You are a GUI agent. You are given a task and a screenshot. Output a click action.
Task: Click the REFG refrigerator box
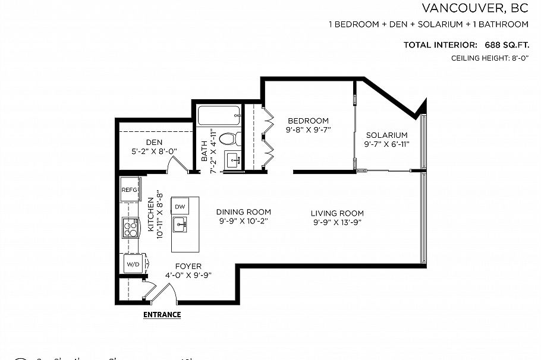[130, 190]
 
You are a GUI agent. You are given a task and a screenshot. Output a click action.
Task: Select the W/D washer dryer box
[131, 264]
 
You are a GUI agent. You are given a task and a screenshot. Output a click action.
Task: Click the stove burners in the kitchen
[130, 226]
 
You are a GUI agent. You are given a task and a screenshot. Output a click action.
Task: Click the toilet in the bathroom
[228, 139]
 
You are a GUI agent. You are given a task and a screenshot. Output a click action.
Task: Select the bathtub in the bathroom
[219, 115]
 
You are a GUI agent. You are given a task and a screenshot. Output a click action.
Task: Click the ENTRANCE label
[162, 315]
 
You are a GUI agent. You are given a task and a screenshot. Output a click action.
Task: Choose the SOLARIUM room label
[386, 135]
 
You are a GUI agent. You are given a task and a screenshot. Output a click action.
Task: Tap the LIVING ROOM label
[337, 213]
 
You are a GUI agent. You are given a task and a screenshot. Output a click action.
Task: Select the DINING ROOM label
[243, 211]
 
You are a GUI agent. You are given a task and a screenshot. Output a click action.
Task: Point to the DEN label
[155, 142]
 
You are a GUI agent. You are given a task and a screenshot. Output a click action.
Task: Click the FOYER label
[188, 266]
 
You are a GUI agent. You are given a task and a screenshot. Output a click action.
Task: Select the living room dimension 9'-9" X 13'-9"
[337, 222]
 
